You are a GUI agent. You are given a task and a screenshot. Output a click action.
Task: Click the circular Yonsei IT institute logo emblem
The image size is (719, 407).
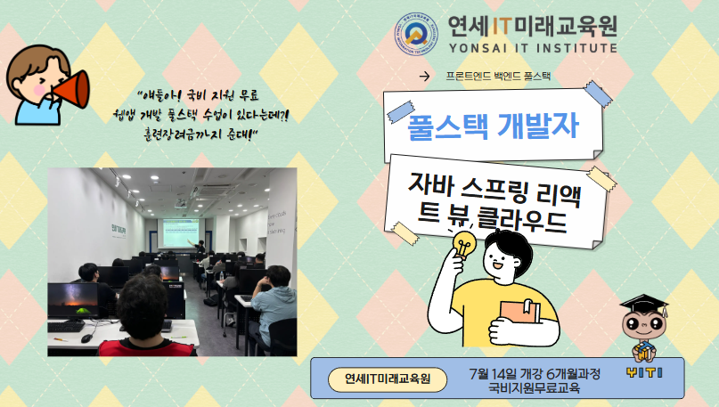pyautogui.click(x=414, y=32)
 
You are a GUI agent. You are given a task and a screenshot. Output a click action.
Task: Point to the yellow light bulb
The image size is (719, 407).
pyautogui.click(x=464, y=242)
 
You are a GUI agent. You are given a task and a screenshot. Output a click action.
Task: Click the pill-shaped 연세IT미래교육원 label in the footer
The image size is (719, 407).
pyautogui.click(x=388, y=379)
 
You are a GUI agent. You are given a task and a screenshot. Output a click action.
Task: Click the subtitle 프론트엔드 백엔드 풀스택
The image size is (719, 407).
pyautogui.click(x=498, y=76)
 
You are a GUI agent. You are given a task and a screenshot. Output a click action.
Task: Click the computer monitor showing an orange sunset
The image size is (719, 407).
pyautogui.click(x=73, y=300)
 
